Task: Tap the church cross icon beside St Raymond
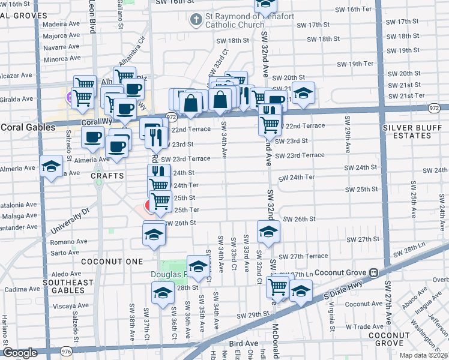click(196, 20)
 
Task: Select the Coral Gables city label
click(23, 127)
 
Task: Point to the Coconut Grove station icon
click(373, 271)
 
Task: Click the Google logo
click(20, 352)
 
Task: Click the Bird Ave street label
click(243, 343)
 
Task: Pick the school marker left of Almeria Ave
click(52, 166)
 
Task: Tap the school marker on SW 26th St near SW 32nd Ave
click(268, 231)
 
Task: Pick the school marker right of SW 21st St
click(304, 93)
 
